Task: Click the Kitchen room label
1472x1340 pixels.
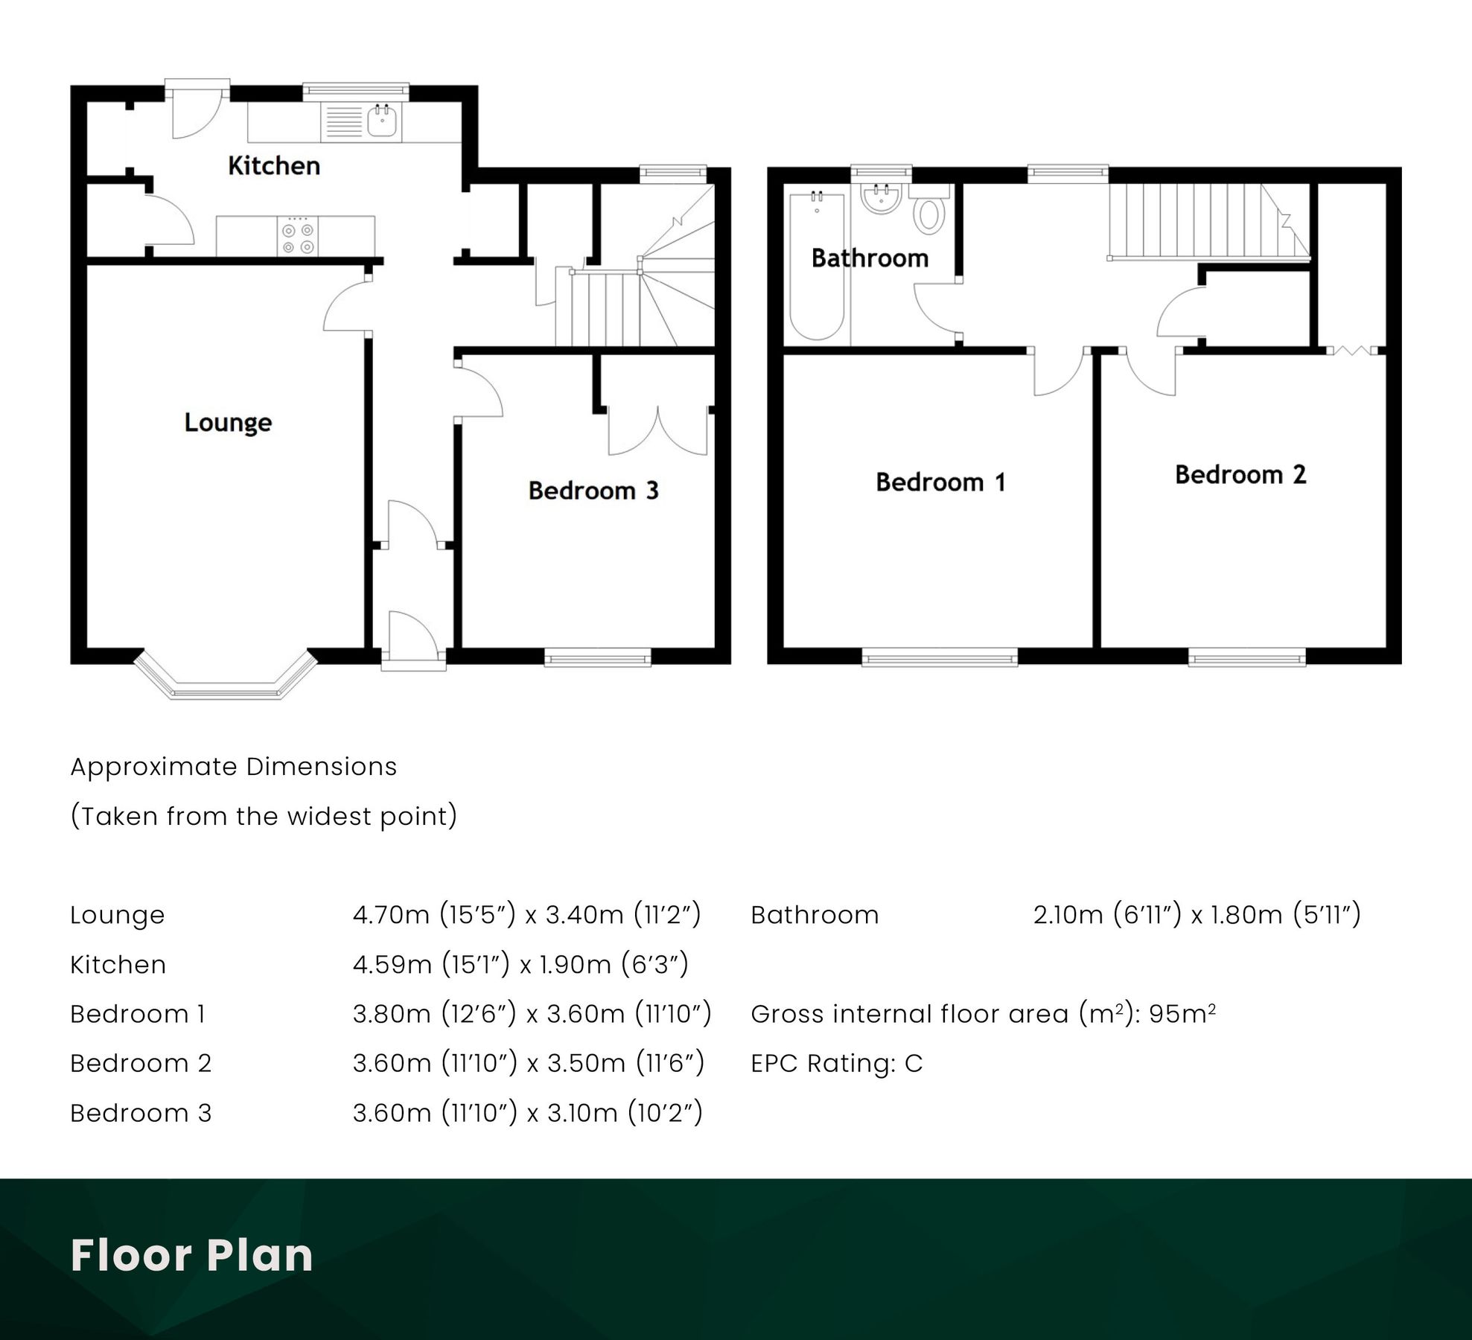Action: pyautogui.click(x=274, y=165)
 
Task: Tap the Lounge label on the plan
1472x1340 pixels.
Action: pyautogui.click(x=228, y=422)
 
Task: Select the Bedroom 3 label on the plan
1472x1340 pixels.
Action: pyautogui.click(x=593, y=490)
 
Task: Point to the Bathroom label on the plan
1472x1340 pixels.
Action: pyautogui.click(x=870, y=258)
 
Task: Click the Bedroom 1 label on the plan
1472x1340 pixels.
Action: pyautogui.click(x=940, y=482)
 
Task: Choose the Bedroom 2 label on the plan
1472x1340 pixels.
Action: pyautogui.click(x=1240, y=474)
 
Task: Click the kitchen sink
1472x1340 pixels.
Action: pyautogui.click(x=382, y=122)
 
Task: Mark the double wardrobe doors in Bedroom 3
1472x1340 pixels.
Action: pyautogui.click(x=658, y=432)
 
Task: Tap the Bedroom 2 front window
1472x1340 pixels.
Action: pyautogui.click(x=1246, y=657)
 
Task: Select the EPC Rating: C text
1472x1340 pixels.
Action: pyautogui.click(x=836, y=1063)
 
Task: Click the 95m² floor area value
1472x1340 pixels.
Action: pyautogui.click(x=1182, y=1014)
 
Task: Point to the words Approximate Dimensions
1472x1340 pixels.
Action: pyautogui.click(x=233, y=767)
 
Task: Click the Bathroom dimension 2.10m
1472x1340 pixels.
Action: pyautogui.click(x=1067, y=915)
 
